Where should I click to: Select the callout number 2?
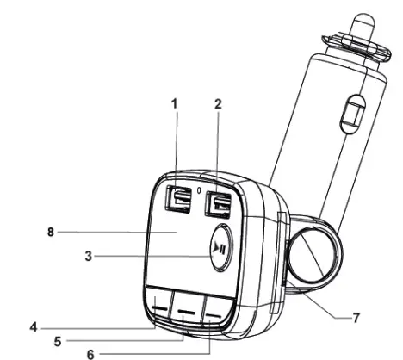(218, 103)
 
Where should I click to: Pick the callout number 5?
(58, 340)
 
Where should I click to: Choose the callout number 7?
(355, 317)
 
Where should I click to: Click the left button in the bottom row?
(159, 304)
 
